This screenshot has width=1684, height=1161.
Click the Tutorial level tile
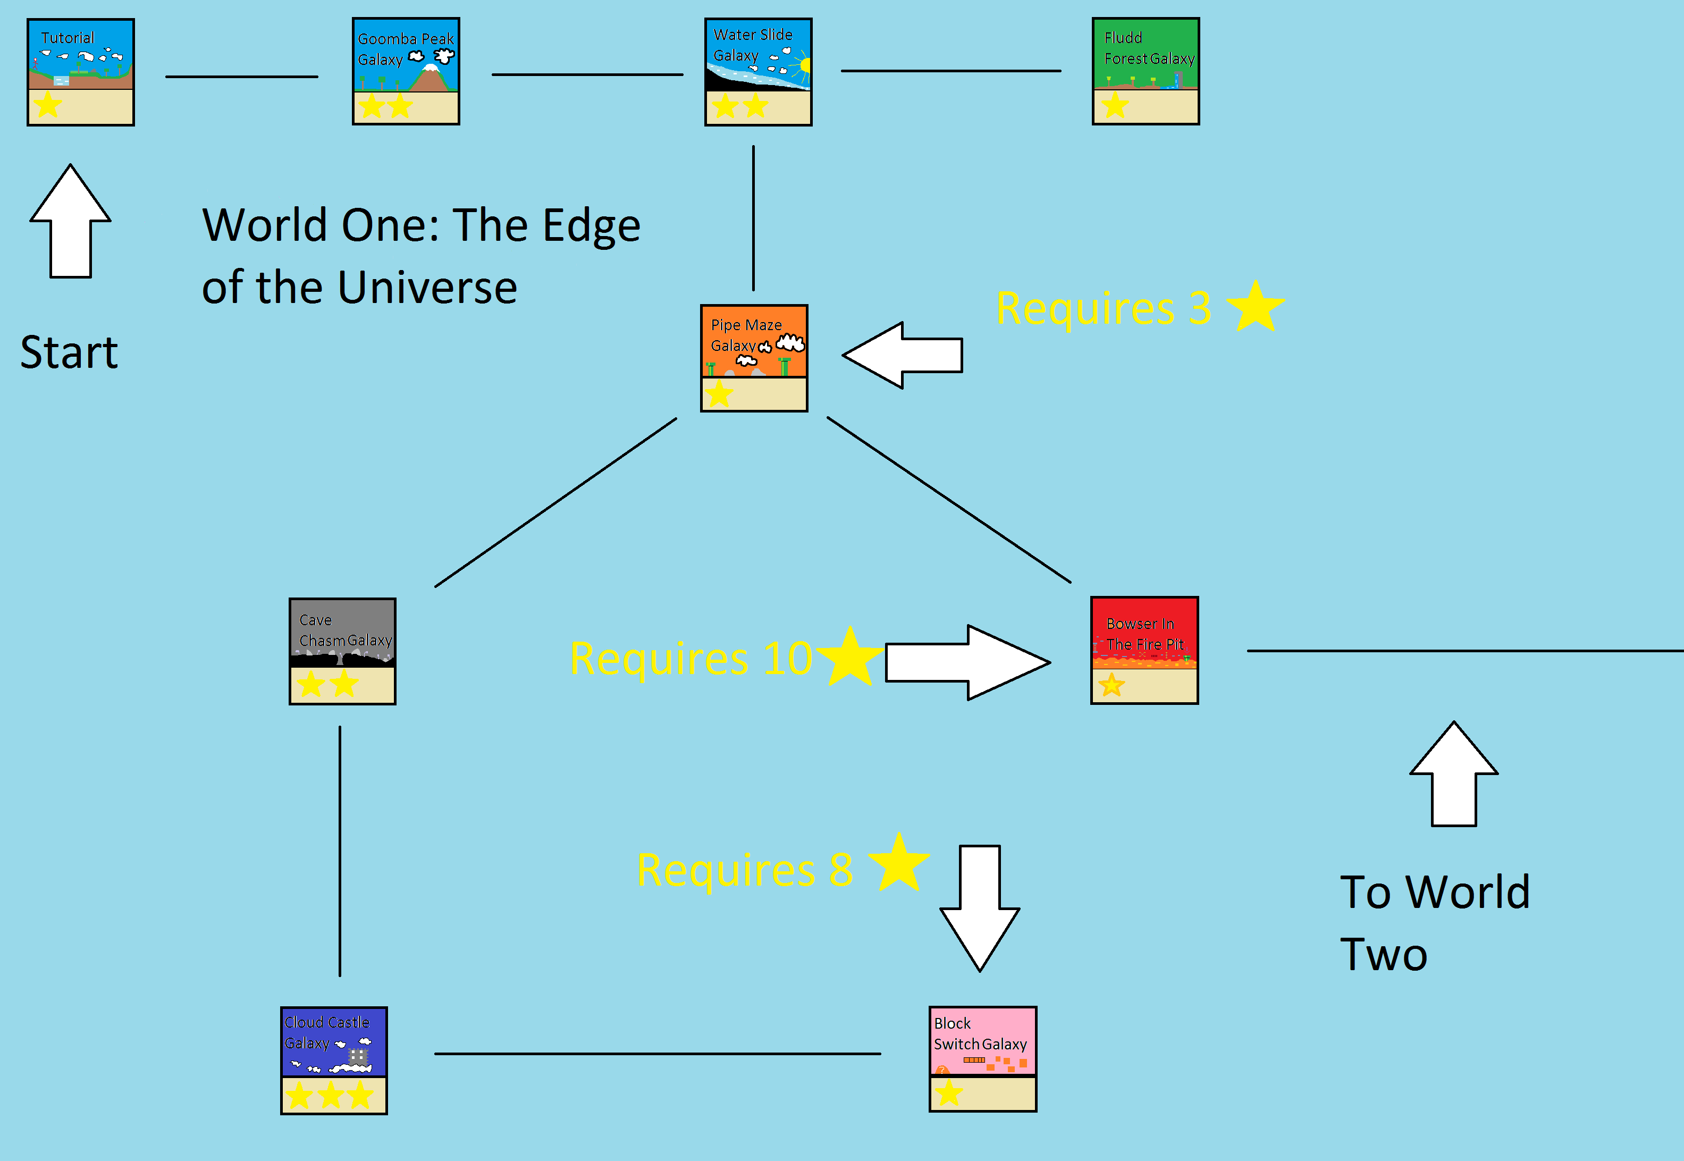tap(81, 72)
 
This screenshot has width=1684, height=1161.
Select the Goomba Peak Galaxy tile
tap(406, 71)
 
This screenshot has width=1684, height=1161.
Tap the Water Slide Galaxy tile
tap(758, 72)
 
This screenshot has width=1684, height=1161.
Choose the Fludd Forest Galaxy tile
tap(1146, 71)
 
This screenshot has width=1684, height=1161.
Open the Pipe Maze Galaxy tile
tap(754, 358)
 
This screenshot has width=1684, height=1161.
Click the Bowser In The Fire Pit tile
tap(1144, 650)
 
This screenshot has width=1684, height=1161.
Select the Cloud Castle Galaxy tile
tap(334, 1061)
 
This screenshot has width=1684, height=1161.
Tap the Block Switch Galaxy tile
tap(983, 1059)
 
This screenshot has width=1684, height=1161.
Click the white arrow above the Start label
tap(71, 222)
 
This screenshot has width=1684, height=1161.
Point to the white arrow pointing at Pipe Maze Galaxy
tap(903, 355)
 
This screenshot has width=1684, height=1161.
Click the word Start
tap(69, 353)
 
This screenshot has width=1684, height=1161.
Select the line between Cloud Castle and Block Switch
tap(657, 1053)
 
